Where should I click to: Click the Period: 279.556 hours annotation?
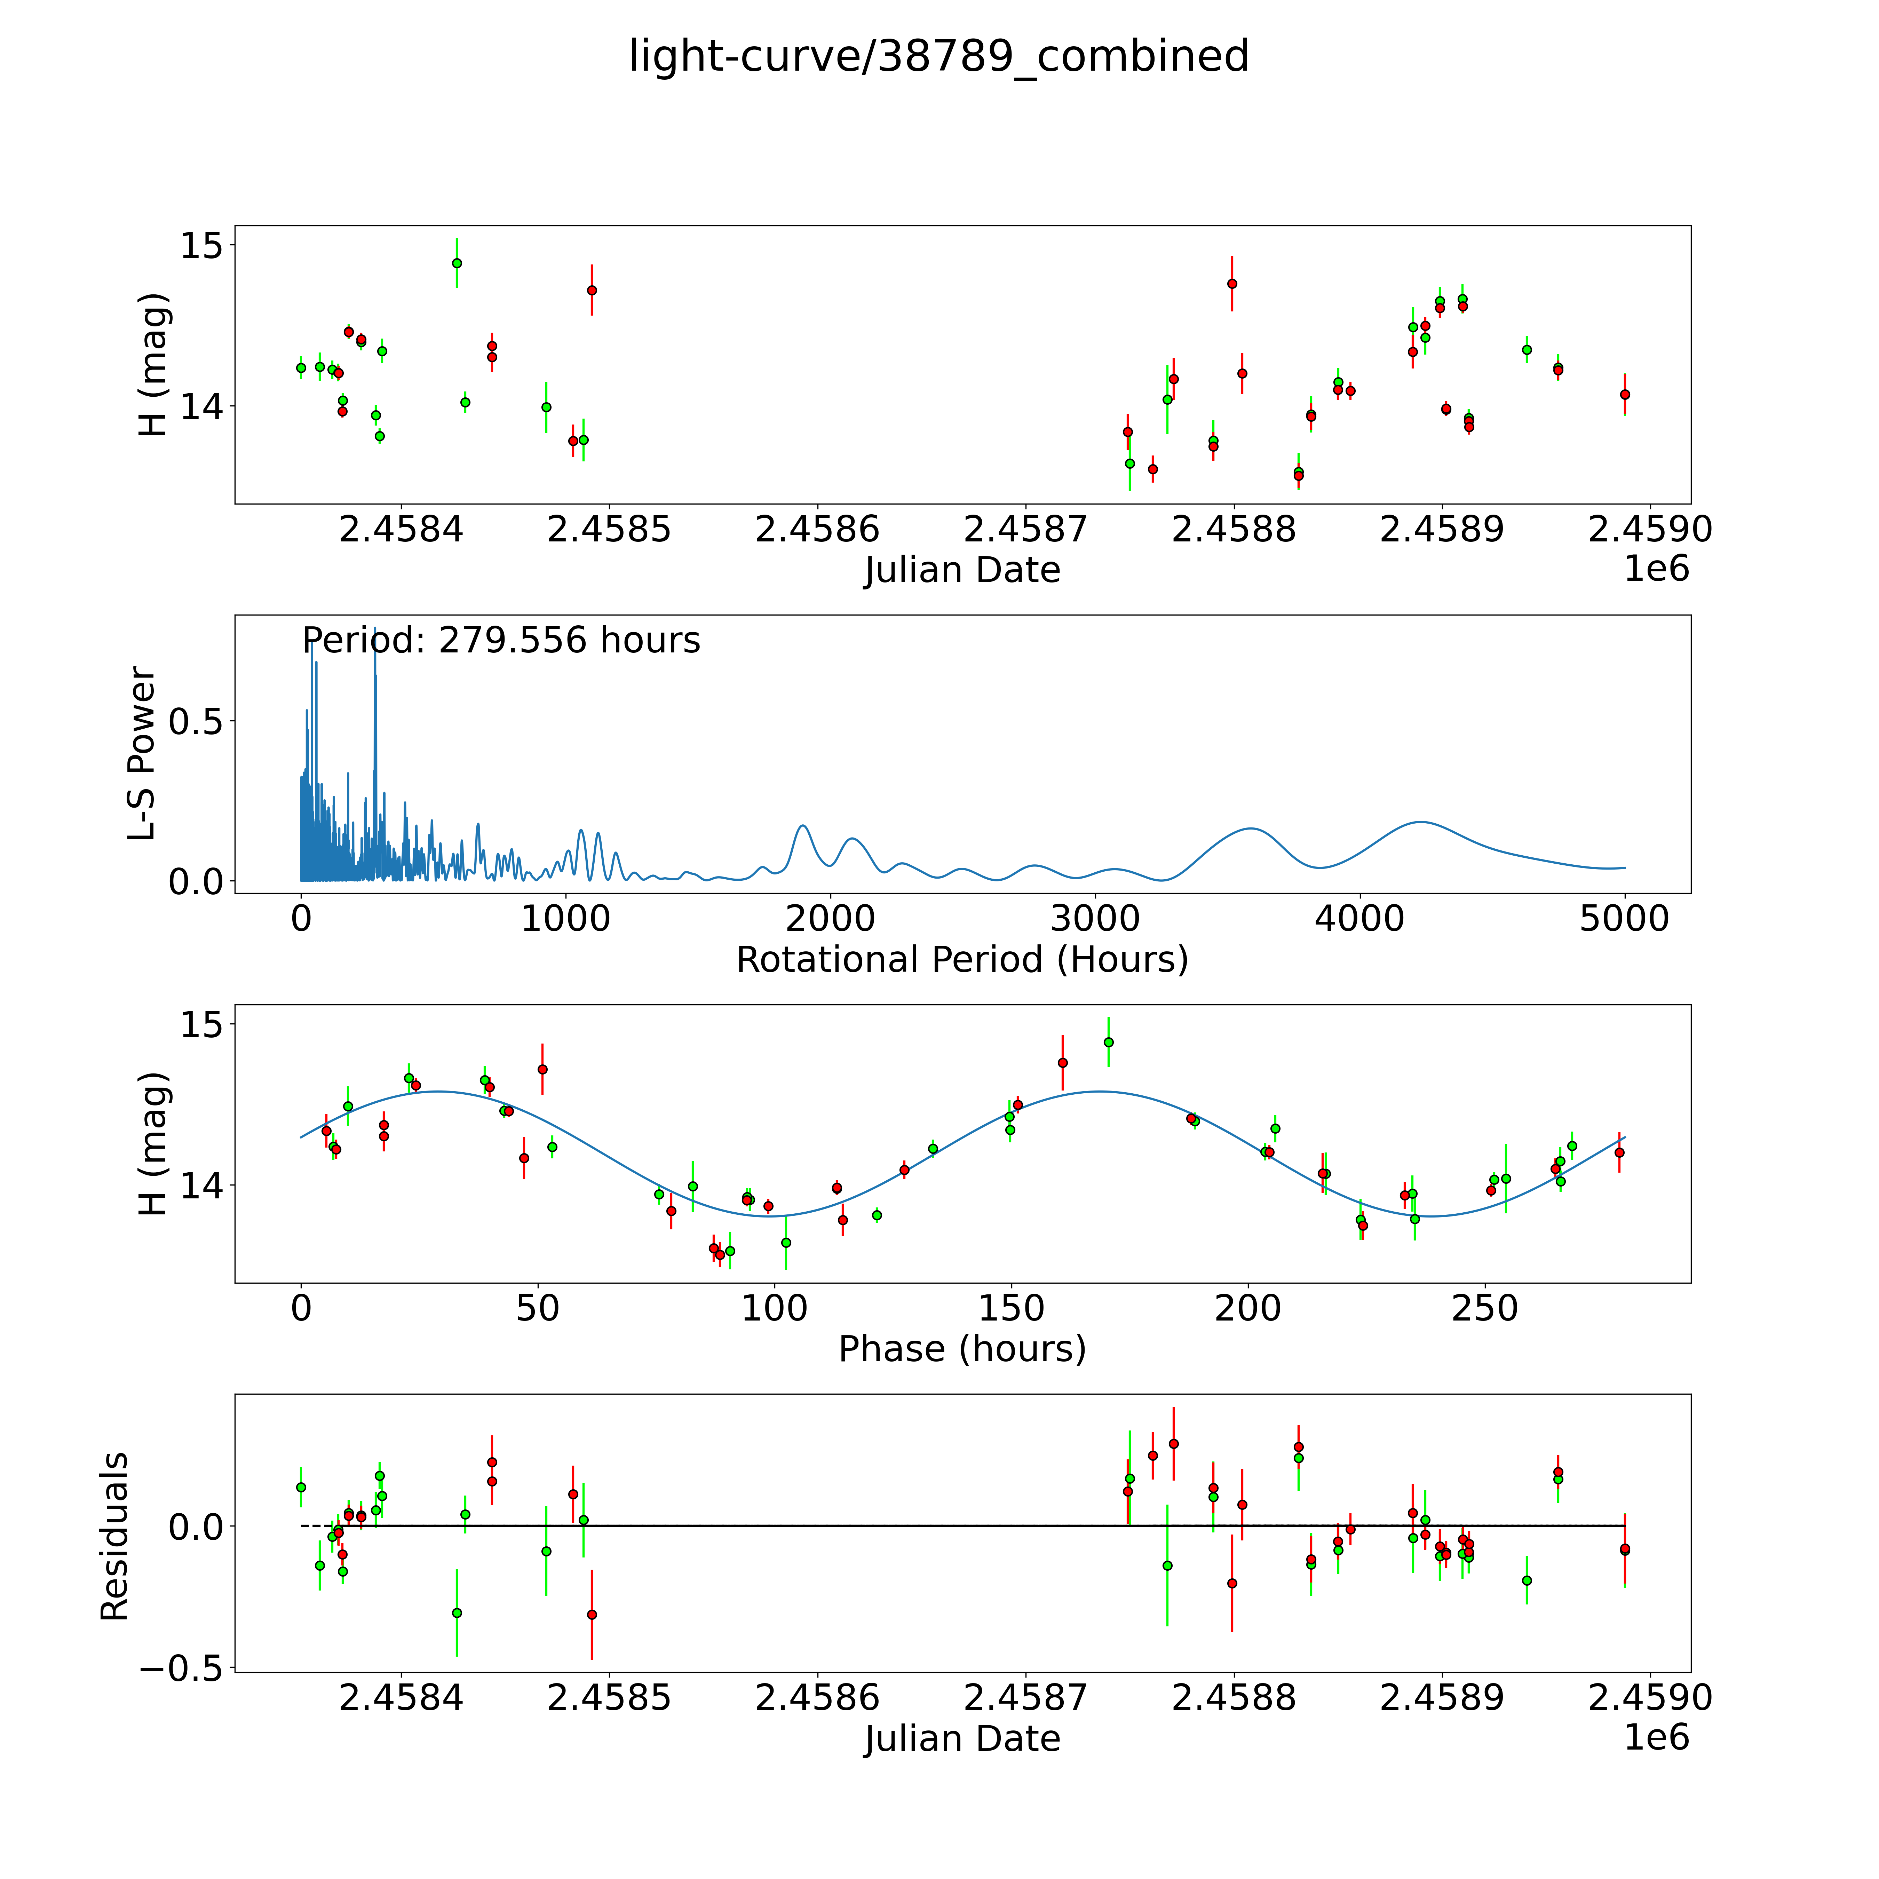[501, 641]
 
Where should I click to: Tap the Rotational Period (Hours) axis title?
[962, 960]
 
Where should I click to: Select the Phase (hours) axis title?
[962, 1349]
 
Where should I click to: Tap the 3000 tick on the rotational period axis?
[1095, 918]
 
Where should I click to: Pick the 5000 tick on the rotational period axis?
[1624, 918]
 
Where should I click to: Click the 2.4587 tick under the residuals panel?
[1025, 1697]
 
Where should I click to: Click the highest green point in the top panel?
[457, 263]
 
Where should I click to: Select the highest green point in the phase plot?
[1109, 1041]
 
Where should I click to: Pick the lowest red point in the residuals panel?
[591, 1615]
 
